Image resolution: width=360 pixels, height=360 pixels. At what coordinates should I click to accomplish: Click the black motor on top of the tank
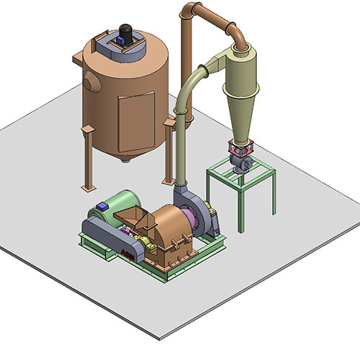tap(125, 32)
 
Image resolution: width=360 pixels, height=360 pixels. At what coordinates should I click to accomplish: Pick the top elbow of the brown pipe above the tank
tap(189, 11)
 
